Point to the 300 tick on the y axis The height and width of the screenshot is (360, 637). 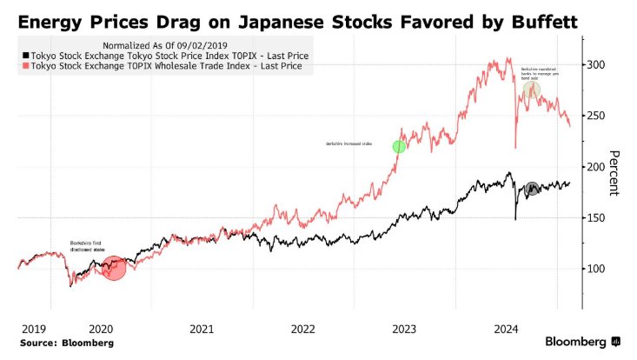click(597, 65)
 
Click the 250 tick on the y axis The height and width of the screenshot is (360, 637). click(597, 116)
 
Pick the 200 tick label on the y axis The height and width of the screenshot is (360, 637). click(597, 166)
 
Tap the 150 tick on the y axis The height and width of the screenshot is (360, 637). click(597, 217)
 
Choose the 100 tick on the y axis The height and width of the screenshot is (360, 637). click(597, 268)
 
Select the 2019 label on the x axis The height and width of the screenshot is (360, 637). click(33, 329)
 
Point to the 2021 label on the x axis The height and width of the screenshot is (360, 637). click(202, 329)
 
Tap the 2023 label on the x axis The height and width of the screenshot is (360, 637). click(403, 329)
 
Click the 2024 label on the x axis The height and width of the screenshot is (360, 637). click(504, 329)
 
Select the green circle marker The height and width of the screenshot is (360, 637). click(399, 147)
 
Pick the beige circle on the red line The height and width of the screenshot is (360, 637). click(531, 90)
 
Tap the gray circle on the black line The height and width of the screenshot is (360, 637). click(532, 189)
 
